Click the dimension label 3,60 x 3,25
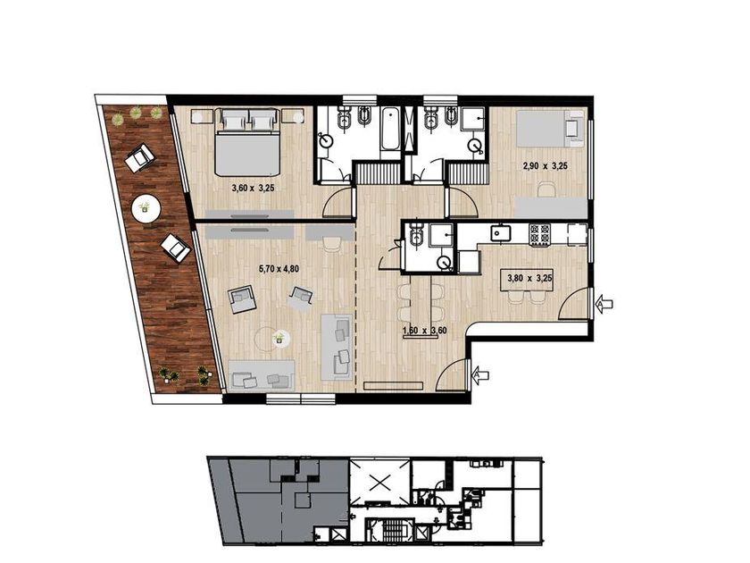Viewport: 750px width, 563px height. click(253, 189)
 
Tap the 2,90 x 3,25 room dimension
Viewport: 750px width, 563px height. click(545, 166)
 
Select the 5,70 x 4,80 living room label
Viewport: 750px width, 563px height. click(279, 269)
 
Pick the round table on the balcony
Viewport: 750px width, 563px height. click(146, 207)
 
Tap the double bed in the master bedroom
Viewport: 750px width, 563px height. click(247, 142)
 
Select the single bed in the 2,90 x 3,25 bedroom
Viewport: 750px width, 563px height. click(550, 129)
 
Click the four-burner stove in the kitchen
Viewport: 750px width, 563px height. click(539, 235)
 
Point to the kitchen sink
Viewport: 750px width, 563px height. click(501, 233)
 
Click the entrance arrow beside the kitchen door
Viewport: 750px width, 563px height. click(604, 303)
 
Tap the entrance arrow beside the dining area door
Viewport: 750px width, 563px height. click(480, 374)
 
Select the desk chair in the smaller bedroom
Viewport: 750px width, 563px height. click(546, 190)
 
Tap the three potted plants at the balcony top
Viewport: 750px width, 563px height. click(136, 115)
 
